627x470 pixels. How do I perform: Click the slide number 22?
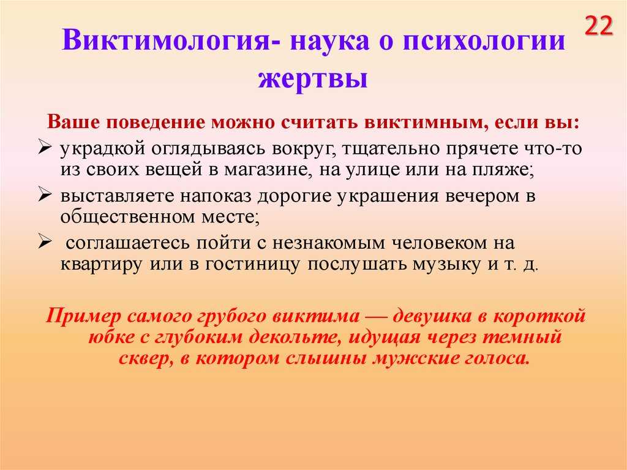[x=599, y=26]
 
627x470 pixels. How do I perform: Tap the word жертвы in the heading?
[x=313, y=78]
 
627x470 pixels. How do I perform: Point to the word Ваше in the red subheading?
[x=74, y=121]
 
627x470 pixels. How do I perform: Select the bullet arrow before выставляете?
[x=45, y=195]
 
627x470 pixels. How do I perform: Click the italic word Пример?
[x=83, y=316]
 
